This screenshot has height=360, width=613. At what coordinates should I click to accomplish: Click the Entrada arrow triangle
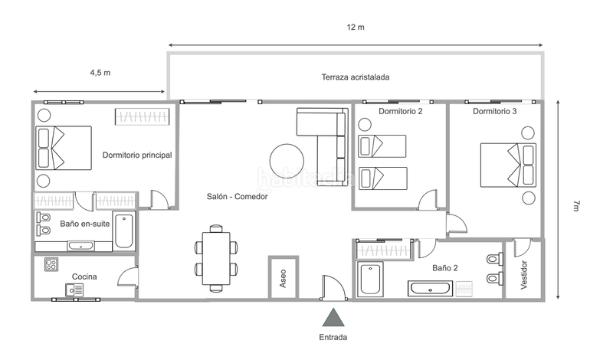click(x=333, y=318)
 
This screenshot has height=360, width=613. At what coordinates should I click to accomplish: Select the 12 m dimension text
click(x=355, y=28)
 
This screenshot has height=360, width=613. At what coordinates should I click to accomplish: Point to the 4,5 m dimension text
click(x=100, y=74)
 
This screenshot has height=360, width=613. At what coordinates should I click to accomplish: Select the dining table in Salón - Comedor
click(x=217, y=258)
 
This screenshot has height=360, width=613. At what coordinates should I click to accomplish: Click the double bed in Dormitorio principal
click(x=63, y=148)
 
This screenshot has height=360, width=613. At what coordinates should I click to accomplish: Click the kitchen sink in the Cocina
click(x=74, y=289)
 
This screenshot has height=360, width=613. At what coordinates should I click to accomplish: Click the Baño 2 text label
click(x=444, y=268)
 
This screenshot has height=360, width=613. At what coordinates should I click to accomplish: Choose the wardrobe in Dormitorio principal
click(x=142, y=116)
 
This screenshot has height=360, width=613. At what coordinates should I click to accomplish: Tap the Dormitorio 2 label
click(x=401, y=111)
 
